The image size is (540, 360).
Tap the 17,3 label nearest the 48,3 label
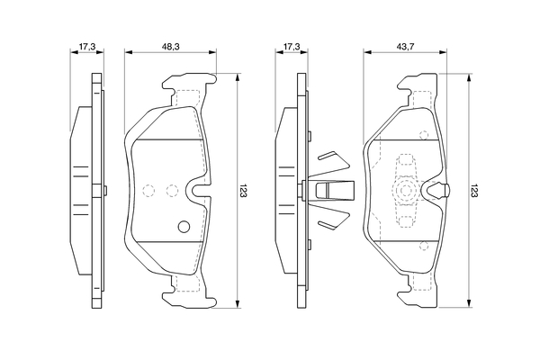86,43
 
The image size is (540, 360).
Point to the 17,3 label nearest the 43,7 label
293,43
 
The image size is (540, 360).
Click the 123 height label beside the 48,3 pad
244,191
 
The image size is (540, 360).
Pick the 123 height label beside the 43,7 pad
476,191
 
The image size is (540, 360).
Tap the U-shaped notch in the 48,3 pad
193,191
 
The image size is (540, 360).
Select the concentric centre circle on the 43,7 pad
405,191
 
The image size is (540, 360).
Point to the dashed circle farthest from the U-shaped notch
149,190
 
